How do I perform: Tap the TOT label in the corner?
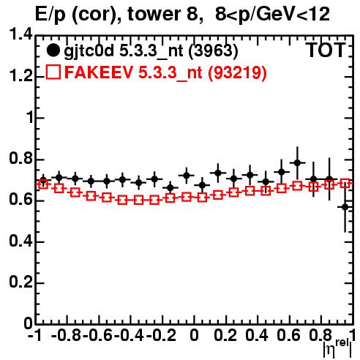(326, 50)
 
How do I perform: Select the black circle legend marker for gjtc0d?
(53, 50)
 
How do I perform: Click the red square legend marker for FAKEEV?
(53, 72)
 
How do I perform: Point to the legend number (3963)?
(214, 51)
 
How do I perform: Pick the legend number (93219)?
(237, 72)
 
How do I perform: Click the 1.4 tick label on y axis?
(20, 35)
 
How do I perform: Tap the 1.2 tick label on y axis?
(20, 76)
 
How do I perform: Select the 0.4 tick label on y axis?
(20, 241)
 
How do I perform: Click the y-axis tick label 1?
(29, 118)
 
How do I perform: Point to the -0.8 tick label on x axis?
(66, 335)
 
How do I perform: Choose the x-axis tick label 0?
(194, 335)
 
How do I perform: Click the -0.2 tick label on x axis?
(162, 335)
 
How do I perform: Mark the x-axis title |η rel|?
(337, 348)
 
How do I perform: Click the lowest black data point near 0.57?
(345, 207)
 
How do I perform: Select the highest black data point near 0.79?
(297, 162)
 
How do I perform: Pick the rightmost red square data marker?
(345, 183)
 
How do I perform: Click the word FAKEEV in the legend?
(100, 72)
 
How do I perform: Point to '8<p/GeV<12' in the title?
(272, 14)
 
